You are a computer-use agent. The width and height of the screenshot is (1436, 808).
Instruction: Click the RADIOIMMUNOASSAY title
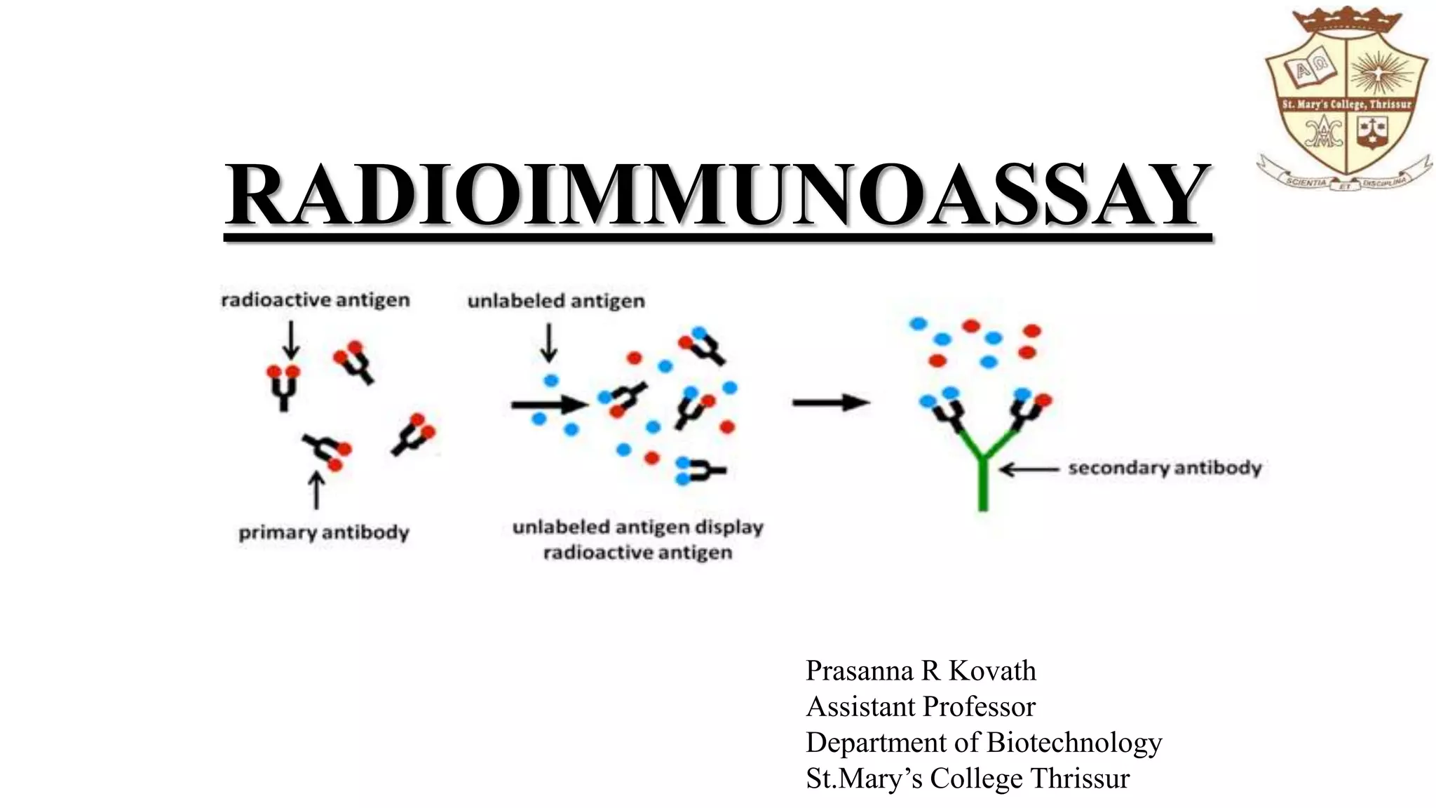pyautogui.click(x=718, y=194)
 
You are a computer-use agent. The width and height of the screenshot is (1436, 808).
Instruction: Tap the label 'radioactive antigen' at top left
pyautogui.click(x=316, y=300)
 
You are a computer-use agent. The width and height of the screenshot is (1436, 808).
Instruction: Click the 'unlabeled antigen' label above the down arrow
pyautogui.click(x=556, y=301)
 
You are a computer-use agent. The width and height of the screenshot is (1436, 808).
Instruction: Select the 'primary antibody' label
pyautogui.click(x=324, y=532)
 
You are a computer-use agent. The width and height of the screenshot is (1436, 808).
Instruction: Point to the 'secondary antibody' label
pyautogui.click(x=1165, y=468)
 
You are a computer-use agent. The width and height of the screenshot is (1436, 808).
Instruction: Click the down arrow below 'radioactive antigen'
pyautogui.click(x=291, y=340)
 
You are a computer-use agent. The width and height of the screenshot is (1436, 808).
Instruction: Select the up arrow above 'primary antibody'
pyautogui.click(x=317, y=490)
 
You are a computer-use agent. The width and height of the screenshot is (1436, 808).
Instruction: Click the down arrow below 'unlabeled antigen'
pyautogui.click(x=549, y=343)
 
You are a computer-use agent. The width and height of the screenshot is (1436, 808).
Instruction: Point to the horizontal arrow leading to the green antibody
pyautogui.click(x=831, y=403)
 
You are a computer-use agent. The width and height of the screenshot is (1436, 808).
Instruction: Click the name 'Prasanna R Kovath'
pyautogui.click(x=921, y=671)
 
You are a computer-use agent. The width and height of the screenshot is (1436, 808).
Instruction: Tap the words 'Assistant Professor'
pyautogui.click(x=921, y=707)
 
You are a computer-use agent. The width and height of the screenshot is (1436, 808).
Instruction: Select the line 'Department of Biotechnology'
pyautogui.click(x=984, y=743)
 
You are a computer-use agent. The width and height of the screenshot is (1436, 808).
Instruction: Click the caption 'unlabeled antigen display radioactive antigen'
pyautogui.click(x=638, y=540)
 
